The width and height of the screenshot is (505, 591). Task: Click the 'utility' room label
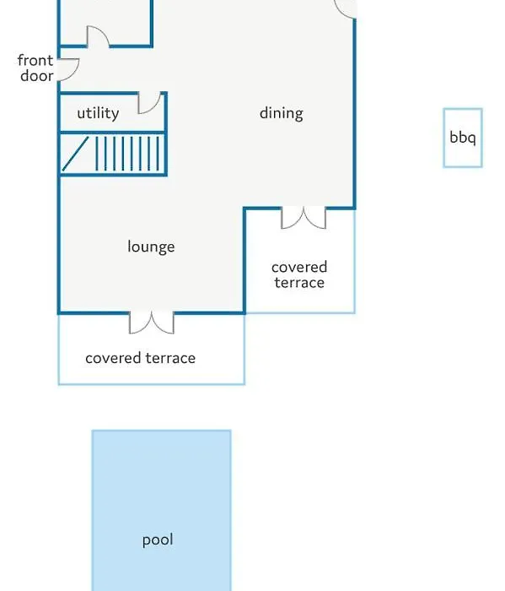98,113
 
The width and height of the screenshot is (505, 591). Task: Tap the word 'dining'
281,113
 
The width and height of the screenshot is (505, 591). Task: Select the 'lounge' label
151,247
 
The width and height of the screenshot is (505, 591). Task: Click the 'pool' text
158,539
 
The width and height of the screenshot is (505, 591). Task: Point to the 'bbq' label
463,137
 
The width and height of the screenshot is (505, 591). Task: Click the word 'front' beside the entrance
35,60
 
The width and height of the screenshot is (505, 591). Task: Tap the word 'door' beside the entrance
37,76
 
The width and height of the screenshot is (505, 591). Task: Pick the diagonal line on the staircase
75,154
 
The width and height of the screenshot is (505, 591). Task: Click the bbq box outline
444,138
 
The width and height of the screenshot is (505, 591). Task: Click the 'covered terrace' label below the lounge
140,358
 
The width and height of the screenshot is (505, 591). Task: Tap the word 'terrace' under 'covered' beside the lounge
299,283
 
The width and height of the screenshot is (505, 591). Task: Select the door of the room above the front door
99,35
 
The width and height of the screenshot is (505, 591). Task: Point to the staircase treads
127,154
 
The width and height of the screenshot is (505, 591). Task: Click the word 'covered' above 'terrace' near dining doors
299,268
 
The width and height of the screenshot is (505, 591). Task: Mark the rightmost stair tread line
158,154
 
